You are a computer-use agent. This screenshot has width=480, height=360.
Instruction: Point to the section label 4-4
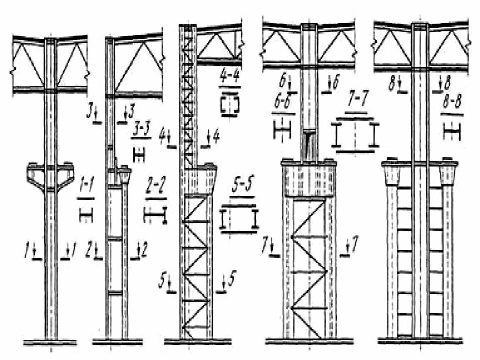point(229,79)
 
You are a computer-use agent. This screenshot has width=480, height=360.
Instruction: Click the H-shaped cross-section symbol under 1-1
point(86,215)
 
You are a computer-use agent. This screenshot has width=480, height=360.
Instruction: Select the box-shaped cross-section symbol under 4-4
point(230,105)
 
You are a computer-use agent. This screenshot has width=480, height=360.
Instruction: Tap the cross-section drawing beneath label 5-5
point(239,219)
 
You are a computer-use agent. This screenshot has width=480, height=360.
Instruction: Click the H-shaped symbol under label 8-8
point(452,131)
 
